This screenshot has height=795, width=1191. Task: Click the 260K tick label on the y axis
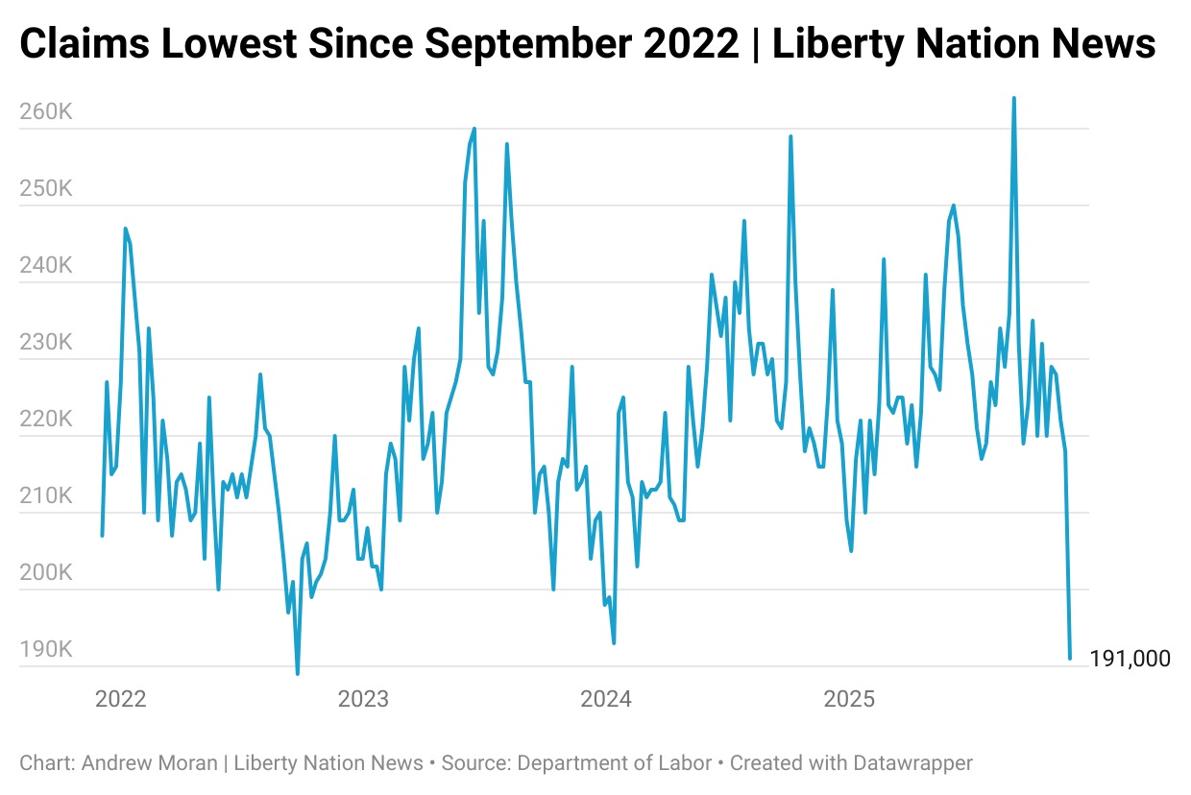[x=46, y=112]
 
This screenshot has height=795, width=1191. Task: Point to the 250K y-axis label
[x=46, y=189]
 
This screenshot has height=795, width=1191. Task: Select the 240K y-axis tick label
[x=46, y=266]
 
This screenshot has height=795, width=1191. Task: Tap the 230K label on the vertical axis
[x=46, y=343]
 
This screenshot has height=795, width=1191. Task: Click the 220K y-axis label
[x=46, y=420]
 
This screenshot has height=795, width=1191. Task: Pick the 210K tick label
[x=46, y=496]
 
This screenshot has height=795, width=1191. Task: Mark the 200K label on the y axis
[x=46, y=573]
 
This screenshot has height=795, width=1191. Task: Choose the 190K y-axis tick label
[x=46, y=650]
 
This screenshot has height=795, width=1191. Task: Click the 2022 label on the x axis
[x=121, y=698]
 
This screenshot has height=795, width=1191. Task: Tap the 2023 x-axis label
[x=364, y=698]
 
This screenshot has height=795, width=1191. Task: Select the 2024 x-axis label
[x=606, y=698]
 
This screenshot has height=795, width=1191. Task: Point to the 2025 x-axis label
[x=849, y=698]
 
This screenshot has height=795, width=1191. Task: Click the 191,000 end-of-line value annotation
[x=1130, y=659]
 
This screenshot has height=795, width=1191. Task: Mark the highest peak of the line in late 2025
[x=1013, y=98]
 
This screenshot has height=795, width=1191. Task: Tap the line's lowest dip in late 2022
[x=297, y=673]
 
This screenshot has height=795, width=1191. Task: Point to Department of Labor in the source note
[x=615, y=763]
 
